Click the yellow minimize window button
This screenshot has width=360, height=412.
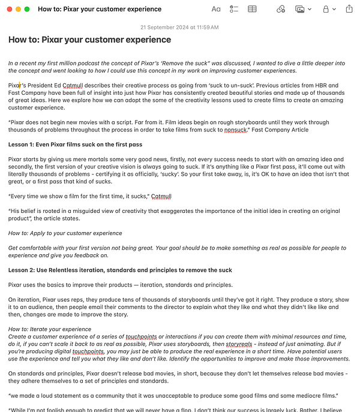(x=18, y=9)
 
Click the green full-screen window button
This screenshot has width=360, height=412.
(x=27, y=9)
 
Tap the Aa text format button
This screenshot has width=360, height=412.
(x=216, y=9)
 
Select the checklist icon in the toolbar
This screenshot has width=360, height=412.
(x=234, y=9)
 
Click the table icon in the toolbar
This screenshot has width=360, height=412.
(x=253, y=9)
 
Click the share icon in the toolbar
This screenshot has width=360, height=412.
(x=349, y=9)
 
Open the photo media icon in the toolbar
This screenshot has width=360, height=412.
(x=300, y=9)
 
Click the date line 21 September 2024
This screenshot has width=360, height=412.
(x=179, y=27)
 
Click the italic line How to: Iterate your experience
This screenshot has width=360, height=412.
(x=50, y=329)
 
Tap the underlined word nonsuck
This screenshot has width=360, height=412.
(x=235, y=130)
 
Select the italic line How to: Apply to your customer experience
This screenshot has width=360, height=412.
(x=65, y=233)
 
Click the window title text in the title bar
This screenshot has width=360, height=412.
(x=100, y=9)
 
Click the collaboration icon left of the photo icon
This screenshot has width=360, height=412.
(x=281, y=9)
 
